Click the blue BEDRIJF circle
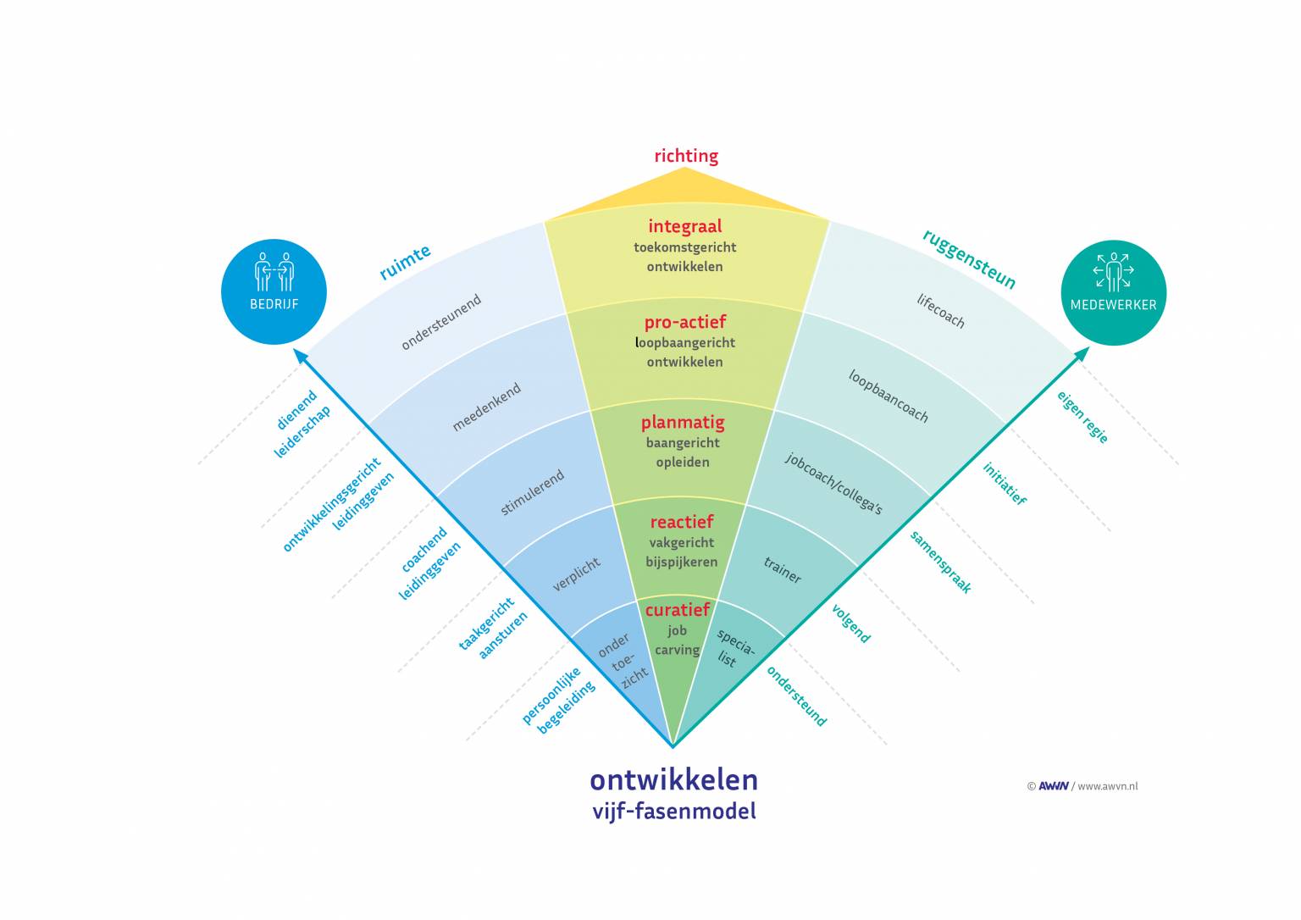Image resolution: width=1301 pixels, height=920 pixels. [x=274, y=291]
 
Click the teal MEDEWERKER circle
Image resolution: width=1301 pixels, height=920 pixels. [x=1113, y=292]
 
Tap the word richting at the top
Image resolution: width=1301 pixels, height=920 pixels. [x=685, y=156]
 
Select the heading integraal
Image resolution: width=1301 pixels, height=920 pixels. [x=684, y=226]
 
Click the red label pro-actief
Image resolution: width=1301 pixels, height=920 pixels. [x=684, y=322]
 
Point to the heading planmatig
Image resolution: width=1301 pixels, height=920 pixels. [x=683, y=422]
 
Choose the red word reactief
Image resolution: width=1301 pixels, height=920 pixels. [x=681, y=522]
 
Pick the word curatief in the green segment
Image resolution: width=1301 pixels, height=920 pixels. [x=677, y=610]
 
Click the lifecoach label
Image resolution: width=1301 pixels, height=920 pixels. [x=940, y=311]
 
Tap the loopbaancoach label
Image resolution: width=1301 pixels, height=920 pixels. [x=888, y=396]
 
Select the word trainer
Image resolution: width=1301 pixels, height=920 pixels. [x=782, y=570]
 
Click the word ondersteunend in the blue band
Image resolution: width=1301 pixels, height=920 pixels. [x=441, y=322]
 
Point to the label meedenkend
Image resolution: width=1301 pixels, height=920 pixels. [x=486, y=407]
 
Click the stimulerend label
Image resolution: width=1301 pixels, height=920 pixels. [x=532, y=493]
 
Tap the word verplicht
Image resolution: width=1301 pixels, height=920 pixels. [x=577, y=574]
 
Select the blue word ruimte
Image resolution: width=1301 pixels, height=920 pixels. [x=405, y=262]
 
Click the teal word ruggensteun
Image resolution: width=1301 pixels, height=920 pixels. [x=968, y=259]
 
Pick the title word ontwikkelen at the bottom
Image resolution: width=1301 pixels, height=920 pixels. [x=673, y=779]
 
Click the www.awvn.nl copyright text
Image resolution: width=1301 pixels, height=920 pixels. [x=1107, y=786]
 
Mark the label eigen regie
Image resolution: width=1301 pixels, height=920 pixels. [x=1082, y=416]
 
